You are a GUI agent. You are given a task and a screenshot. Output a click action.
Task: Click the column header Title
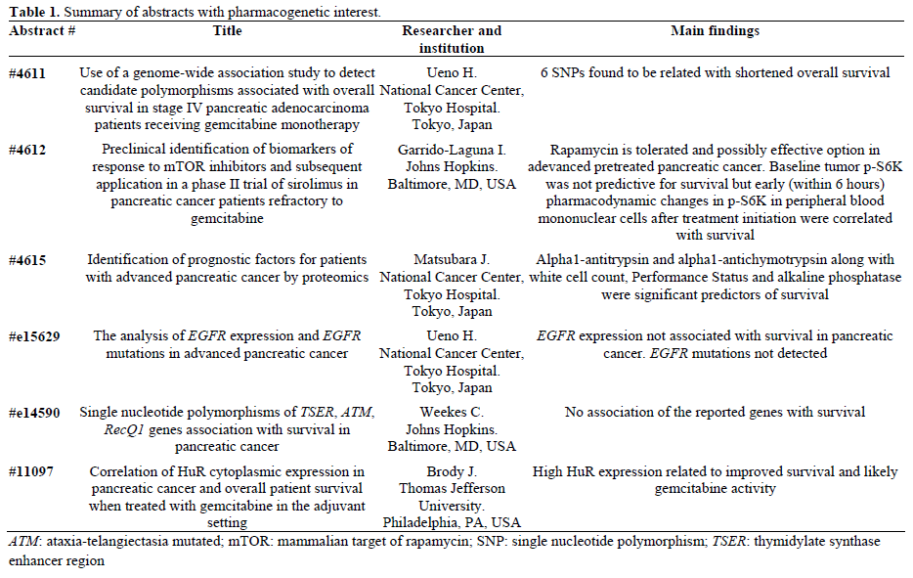pos(227,31)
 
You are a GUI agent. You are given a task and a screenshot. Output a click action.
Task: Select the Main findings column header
pos(715,31)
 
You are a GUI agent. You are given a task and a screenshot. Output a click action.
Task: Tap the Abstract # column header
pos(43,31)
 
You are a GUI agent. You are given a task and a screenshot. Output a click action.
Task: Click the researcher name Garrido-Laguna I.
pos(451,150)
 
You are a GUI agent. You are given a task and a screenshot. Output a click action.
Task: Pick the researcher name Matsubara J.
pos(451,259)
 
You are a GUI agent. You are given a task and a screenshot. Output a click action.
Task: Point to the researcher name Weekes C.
pos(451,412)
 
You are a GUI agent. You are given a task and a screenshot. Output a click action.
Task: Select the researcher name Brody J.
pos(451,471)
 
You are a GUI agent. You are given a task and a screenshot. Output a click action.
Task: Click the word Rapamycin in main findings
pos(585,150)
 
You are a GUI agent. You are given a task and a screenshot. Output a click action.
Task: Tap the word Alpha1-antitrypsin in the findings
pos(594,259)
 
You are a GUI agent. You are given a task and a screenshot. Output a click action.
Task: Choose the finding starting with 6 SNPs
pos(715,73)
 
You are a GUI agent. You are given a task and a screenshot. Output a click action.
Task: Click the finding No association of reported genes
pos(715,412)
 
